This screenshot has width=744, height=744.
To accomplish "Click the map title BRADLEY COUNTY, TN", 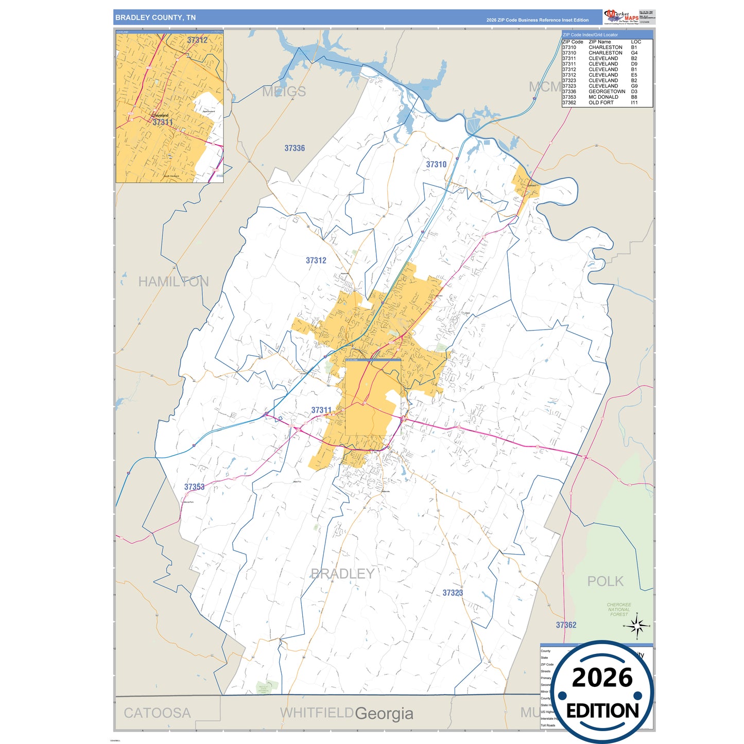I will tap(155, 18).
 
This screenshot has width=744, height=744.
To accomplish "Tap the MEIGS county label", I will tap(284, 92).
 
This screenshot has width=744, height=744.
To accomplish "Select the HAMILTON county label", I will tap(174, 282).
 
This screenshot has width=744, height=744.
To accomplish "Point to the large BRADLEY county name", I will tap(342, 574).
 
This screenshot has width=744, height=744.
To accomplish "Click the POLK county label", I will tap(605, 581).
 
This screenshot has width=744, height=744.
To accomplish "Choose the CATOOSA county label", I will tap(157, 713).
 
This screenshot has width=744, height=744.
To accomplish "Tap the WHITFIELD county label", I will tap(316, 713).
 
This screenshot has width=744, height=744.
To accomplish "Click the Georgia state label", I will tap(384, 714).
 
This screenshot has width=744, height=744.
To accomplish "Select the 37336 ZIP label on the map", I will tap(295, 148).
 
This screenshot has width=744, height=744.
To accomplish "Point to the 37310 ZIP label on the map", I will tap(436, 164).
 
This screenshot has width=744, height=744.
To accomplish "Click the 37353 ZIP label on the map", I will tap(194, 487).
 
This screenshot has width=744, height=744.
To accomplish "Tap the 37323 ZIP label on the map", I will tap(453, 593).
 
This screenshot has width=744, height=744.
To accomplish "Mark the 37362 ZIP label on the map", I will tap(566, 625).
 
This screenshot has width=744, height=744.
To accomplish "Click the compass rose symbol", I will tap(637, 626).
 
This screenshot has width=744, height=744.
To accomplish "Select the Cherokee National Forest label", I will tap(619, 610).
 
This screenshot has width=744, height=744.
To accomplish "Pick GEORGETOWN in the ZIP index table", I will tap(607, 92).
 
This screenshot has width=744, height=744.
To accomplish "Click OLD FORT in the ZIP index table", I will tap(601, 102).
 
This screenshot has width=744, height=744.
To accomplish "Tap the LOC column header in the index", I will tap(636, 42).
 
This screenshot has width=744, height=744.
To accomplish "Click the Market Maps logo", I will tap(621, 17).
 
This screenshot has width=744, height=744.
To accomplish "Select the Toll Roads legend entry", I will tap(548, 725).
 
